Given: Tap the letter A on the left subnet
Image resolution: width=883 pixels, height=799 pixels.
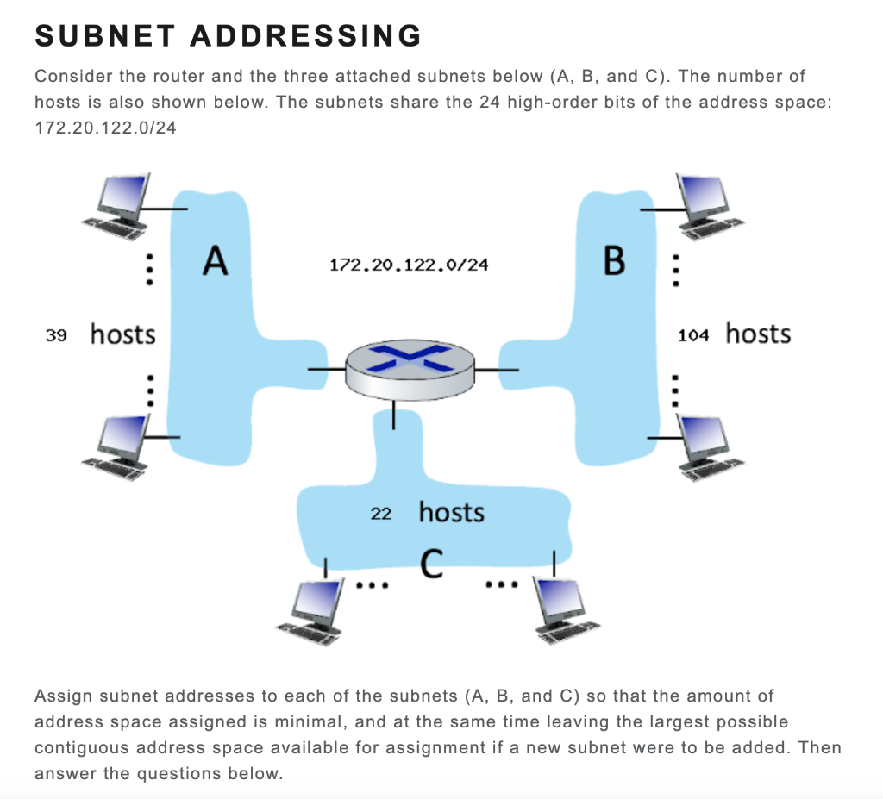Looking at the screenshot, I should tap(215, 260).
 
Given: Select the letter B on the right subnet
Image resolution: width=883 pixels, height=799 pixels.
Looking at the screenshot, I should tap(614, 260).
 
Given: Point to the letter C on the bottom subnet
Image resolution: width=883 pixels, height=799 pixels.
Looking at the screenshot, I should tap(433, 565).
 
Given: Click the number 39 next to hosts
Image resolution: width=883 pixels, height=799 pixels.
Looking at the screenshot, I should tap(56, 335).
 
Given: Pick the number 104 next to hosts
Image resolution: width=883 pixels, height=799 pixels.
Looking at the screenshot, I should tap(693, 335).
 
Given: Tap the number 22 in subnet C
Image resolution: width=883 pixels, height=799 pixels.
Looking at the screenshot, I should tap(380, 514).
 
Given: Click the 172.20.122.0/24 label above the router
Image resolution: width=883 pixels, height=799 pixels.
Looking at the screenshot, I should tap(409, 265).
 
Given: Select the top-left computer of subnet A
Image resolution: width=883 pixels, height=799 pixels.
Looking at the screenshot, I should tap(121, 203).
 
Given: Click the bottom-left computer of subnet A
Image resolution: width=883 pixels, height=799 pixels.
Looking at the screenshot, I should tap(121, 440).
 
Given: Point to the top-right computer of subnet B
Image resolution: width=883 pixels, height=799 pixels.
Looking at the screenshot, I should tap(709, 203).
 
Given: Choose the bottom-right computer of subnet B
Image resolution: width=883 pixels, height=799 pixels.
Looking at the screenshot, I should tap(709, 444).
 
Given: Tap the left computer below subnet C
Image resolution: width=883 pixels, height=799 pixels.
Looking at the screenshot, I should tap(315, 608).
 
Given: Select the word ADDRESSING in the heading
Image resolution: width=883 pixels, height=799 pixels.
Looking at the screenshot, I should tap(306, 35).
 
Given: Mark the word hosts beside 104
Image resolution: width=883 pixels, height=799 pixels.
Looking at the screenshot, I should tap(758, 334).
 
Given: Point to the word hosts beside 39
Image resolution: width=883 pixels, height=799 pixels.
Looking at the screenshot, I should tap(123, 334).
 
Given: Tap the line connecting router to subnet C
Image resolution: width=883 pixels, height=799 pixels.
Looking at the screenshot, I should tap(394, 415).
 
